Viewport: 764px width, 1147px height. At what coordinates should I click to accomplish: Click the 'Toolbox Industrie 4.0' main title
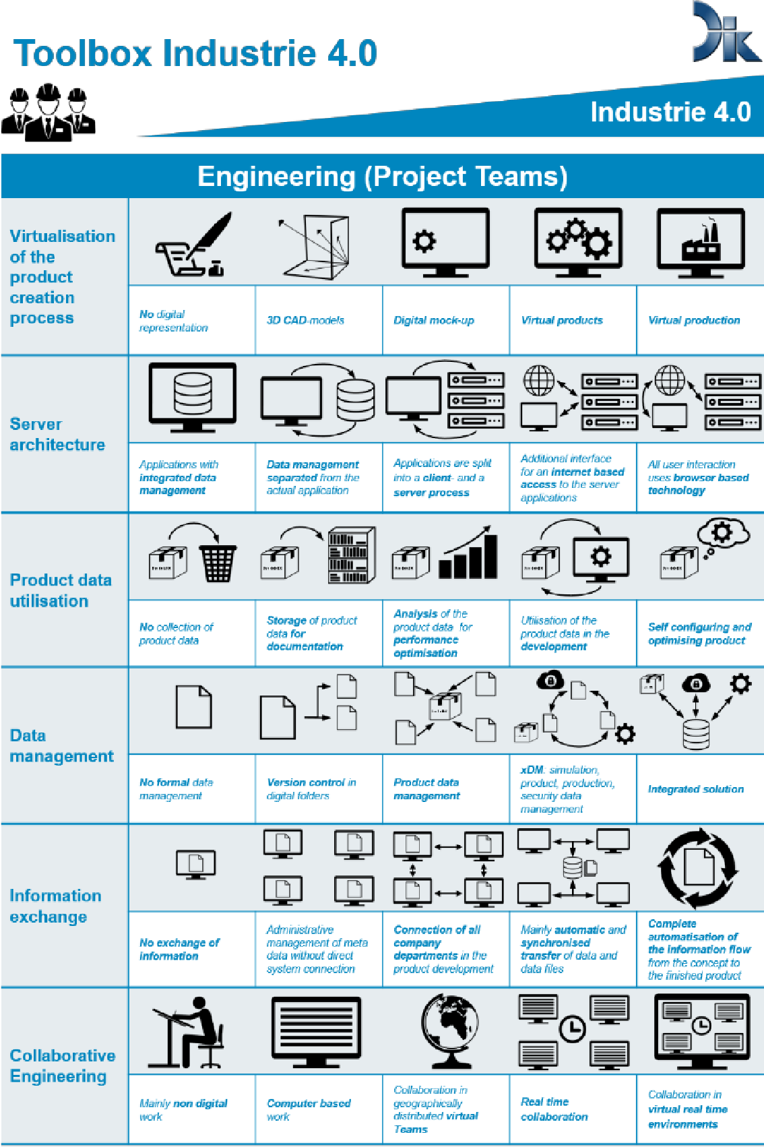[x=195, y=53]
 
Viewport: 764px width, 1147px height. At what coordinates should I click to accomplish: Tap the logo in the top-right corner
[x=726, y=33]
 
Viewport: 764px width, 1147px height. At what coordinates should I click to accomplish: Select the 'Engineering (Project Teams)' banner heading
[x=382, y=177]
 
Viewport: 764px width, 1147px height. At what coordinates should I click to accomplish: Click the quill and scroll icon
[x=193, y=245]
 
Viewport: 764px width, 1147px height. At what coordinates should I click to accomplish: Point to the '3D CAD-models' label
[x=305, y=320]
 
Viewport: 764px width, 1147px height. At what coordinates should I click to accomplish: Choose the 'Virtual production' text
[x=694, y=320]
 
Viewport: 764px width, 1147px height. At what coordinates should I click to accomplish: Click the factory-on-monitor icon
[x=701, y=243]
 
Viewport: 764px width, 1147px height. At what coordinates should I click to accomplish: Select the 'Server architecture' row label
[x=57, y=434]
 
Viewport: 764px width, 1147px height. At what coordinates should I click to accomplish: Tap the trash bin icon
[x=218, y=563]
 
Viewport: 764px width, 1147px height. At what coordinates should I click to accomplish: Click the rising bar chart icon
[x=469, y=554]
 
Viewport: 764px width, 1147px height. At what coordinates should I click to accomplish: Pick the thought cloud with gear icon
[x=723, y=533]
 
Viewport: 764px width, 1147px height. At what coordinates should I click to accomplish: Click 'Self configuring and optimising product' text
[x=699, y=633]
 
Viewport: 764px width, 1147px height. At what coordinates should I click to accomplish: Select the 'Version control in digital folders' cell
[x=311, y=789]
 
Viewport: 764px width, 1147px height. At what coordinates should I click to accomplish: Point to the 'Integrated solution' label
[x=696, y=789]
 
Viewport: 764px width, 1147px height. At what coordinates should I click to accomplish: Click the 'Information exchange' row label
[x=55, y=906]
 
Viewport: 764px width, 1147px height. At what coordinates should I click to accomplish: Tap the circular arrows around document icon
[x=698, y=868]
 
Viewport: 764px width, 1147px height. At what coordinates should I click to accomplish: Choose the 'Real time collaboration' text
[x=554, y=1109]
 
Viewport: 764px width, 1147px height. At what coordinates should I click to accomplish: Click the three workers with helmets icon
[x=48, y=112]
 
